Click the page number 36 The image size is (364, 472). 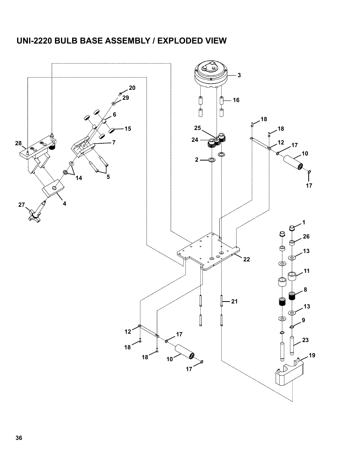click(x=19, y=438)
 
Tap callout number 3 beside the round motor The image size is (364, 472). click(x=239, y=75)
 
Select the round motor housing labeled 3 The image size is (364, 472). click(x=211, y=75)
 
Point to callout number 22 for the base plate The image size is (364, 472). click(x=246, y=260)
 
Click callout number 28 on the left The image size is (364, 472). click(x=18, y=143)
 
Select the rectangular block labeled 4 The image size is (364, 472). click(x=54, y=188)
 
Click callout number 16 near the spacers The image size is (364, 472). click(x=236, y=100)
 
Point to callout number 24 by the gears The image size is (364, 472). click(x=195, y=140)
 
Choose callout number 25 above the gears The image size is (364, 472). click(x=197, y=127)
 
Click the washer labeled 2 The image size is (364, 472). click(x=211, y=159)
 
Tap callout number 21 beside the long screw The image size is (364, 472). click(x=234, y=302)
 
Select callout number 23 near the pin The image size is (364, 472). click(x=305, y=340)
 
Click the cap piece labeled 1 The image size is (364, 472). click(x=292, y=229)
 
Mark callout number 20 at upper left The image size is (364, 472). click(x=132, y=88)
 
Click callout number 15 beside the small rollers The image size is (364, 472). click(x=127, y=129)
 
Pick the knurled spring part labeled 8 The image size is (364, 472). click(x=292, y=296)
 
